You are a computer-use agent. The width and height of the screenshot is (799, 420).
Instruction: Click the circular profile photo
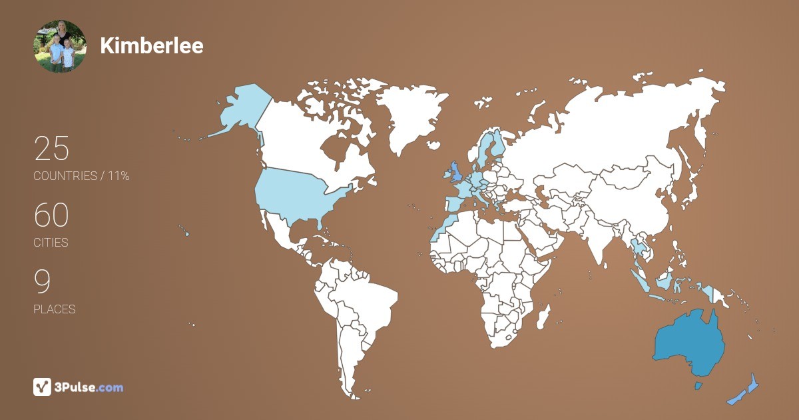(60, 46)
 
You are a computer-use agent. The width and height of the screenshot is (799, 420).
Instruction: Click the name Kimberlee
(152, 45)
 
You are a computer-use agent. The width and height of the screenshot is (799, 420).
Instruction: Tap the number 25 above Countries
(51, 149)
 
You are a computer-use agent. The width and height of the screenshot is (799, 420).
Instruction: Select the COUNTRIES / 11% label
(81, 176)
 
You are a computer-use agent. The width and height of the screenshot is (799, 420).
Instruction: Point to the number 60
(51, 215)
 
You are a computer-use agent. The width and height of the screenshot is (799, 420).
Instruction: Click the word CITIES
(51, 243)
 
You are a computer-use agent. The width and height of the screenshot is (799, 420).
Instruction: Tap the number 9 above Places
(43, 282)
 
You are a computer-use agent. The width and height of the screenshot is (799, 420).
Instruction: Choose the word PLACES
(55, 309)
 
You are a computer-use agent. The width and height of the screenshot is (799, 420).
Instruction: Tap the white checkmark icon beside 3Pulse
(43, 387)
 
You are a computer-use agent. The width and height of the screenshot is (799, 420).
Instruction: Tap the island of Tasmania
(698, 386)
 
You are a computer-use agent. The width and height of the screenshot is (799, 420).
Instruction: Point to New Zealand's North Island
(753, 383)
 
